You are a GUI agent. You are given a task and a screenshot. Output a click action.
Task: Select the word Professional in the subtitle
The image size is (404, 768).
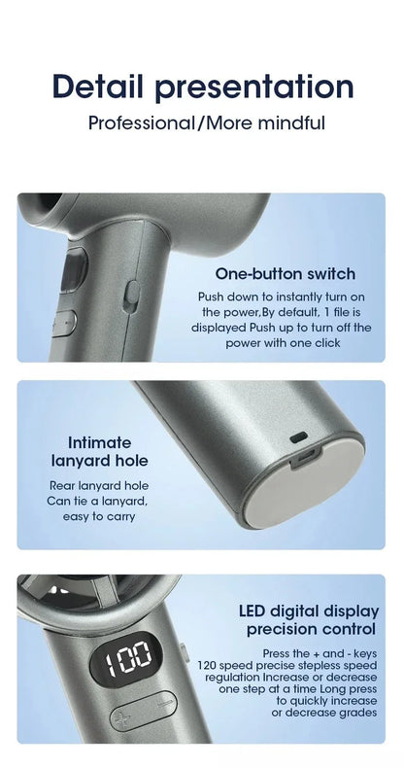click(x=142, y=123)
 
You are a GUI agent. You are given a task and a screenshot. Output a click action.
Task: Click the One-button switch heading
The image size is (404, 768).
click(x=285, y=274)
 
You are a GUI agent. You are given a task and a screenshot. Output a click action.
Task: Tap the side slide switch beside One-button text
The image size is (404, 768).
click(x=133, y=296)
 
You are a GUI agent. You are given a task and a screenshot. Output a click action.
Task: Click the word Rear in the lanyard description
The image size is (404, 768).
click(x=65, y=485)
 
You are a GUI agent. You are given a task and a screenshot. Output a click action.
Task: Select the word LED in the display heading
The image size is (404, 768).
click(x=257, y=611)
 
